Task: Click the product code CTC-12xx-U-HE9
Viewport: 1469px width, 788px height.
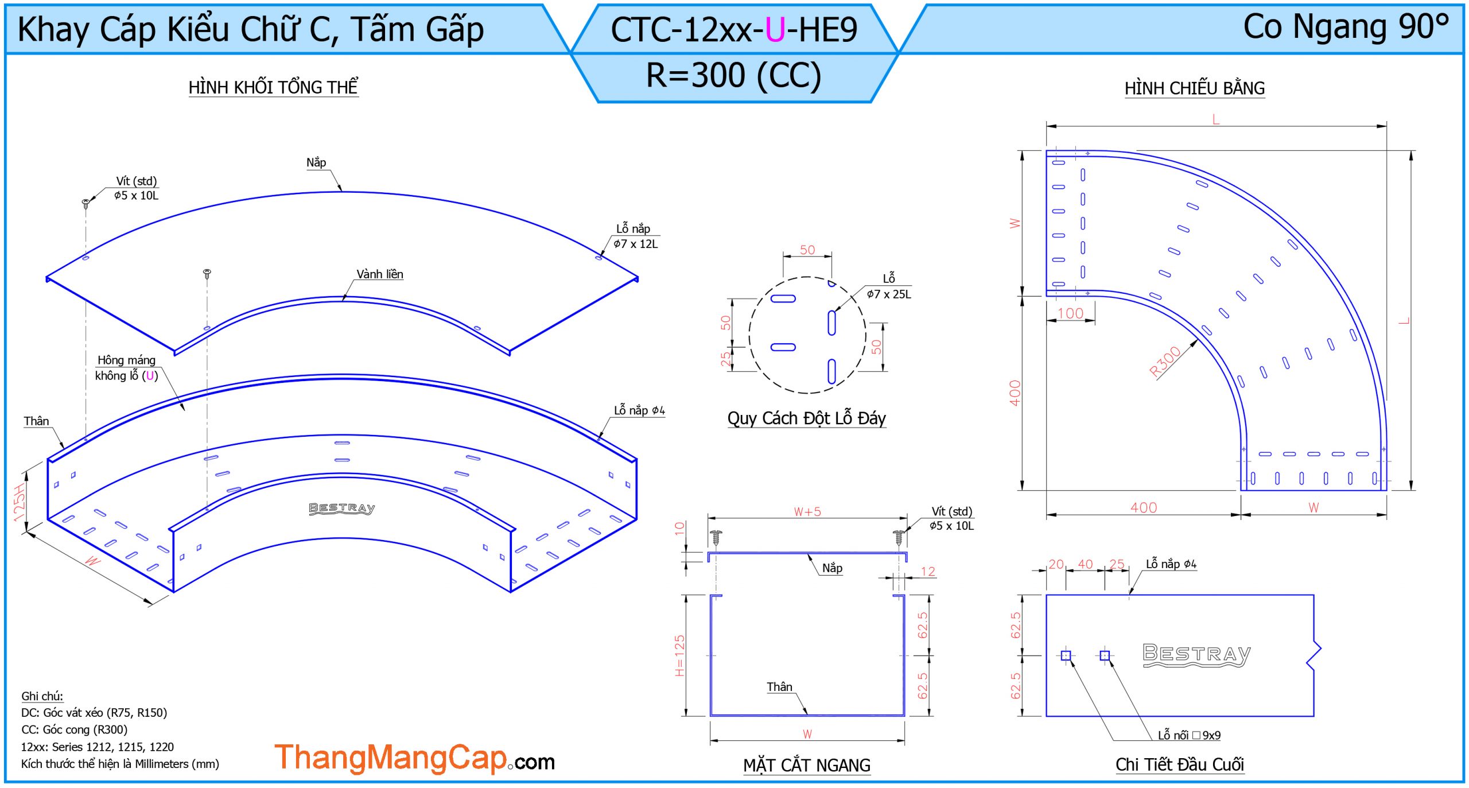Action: tap(734, 29)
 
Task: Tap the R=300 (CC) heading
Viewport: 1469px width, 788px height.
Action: tap(734, 75)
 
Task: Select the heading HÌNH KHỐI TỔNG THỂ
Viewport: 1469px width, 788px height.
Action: tap(274, 87)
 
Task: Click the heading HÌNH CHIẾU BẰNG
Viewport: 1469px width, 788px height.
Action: tap(1195, 88)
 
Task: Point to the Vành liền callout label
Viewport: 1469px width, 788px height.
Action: tap(380, 274)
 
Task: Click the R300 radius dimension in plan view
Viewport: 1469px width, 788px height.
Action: tap(1165, 362)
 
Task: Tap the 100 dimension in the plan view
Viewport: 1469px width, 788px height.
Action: tap(1070, 313)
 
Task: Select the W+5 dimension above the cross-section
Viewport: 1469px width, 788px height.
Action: tap(807, 512)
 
